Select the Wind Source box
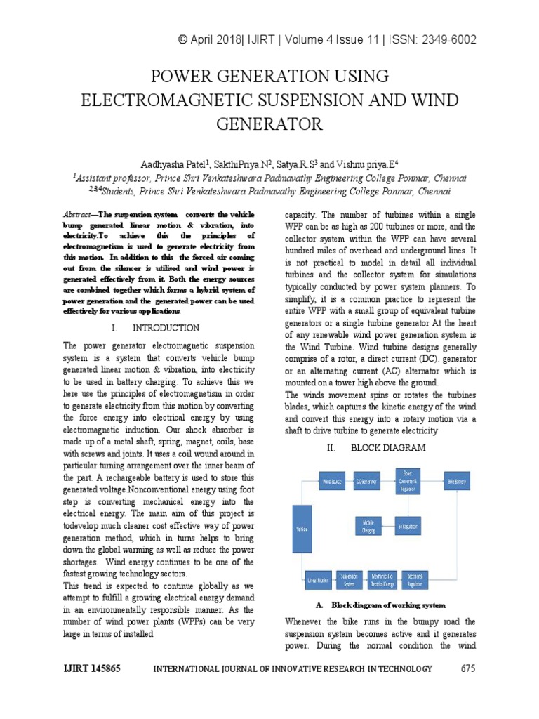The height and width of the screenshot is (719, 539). click(333, 482)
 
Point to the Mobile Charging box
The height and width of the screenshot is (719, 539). click(368, 527)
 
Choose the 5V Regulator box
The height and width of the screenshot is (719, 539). click(408, 527)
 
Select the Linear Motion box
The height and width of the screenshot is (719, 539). click(318, 579)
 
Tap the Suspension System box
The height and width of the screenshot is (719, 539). click(349, 579)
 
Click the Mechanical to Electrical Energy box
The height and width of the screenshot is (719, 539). click(382, 579)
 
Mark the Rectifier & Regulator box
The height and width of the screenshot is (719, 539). click(415, 579)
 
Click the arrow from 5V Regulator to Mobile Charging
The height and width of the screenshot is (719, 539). click(389, 527)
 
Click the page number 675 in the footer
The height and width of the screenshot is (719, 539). click(468, 668)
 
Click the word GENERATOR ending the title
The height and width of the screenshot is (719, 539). click(269, 125)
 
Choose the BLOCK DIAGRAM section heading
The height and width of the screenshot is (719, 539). click(388, 447)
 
